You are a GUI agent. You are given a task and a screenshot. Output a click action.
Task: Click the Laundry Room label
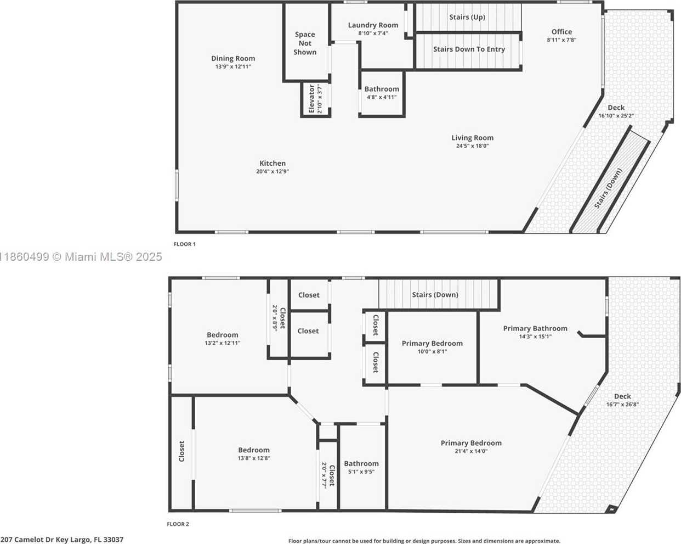(x=373, y=25)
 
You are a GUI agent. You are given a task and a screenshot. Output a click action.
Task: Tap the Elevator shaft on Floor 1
(x=316, y=99)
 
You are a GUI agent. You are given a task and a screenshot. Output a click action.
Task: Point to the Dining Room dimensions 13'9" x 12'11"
(x=233, y=66)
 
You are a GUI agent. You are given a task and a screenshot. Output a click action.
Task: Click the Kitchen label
(x=273, y=163)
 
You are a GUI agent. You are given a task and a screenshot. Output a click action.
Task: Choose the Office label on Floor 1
(x=561, y=32)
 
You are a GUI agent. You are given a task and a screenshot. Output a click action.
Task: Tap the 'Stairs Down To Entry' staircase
(x=469, y=51)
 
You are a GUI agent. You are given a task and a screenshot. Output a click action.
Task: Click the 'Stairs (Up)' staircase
(x=468, y=17)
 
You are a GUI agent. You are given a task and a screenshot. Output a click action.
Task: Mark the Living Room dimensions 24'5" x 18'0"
(x=473, y=146)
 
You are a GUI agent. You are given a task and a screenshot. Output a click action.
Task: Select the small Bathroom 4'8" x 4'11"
(x=382, y=93)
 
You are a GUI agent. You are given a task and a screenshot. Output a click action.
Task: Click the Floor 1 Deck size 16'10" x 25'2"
(x=616, y=116)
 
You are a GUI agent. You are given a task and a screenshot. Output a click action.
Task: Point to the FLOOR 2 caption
(x=178, y=524)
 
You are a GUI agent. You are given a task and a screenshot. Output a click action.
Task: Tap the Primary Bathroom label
(x=535, y=329)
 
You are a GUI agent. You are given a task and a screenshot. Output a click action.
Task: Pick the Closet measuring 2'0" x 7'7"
(x=328, y=475)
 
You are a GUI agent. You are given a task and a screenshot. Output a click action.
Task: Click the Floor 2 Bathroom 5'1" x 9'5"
(x=361, y=467)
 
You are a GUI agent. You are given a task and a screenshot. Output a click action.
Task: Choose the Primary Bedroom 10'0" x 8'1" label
(x=432, y=344)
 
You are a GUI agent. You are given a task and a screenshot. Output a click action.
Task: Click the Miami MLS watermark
(x=81, y=257)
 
